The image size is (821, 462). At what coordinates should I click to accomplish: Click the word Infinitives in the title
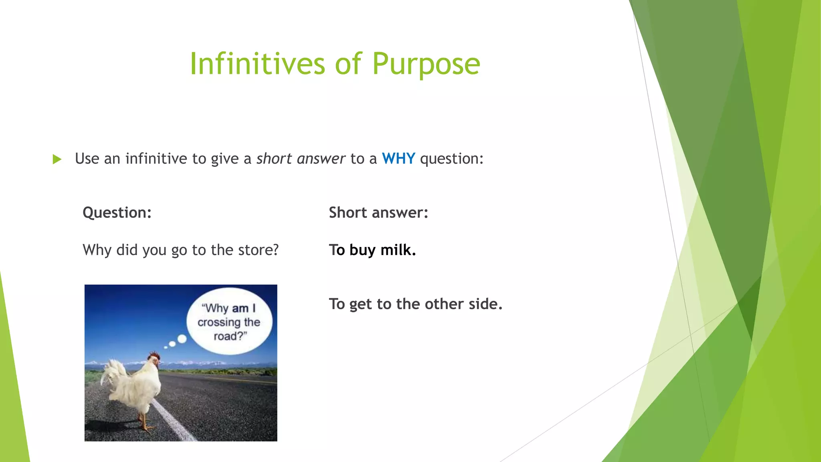pos(257,64)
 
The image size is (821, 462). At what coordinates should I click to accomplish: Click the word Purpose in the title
pos(426,64)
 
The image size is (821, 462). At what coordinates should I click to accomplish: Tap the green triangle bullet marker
pos(57,159)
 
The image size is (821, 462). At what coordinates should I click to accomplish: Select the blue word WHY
pos(398,159)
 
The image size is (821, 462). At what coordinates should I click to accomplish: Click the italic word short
pos(274,159)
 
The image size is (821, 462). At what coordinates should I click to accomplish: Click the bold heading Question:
pos(117,213)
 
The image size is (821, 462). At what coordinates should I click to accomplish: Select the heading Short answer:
pos(378,213)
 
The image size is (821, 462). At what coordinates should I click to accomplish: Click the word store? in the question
pos(258,250)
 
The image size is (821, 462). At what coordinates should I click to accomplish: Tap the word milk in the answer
pos(398,250)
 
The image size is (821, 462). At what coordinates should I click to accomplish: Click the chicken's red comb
pos(154,356)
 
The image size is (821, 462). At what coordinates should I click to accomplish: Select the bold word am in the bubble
pos(240,308)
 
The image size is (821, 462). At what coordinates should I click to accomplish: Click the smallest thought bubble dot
pos(166,347)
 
